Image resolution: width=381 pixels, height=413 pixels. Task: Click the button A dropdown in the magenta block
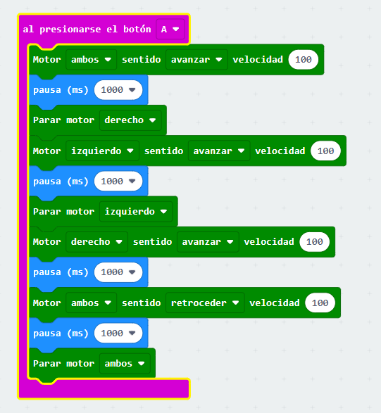pyautogui.click(x=170, y=30)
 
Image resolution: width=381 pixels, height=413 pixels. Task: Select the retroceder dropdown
pyautogui.click(x=205, y=303)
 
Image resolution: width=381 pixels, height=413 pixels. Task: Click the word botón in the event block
pyautogui.click(x=137, y=29)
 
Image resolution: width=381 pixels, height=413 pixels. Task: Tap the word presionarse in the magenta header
pyautogui.click(x=70, y=30)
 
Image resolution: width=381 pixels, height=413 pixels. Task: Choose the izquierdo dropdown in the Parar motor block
pyautogui.click(x=136, y=212)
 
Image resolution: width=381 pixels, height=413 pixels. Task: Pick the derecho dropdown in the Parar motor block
pyautogui.click(x=130, y=120)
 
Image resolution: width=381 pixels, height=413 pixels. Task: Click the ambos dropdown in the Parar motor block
pyautogui.click(x=125, y=364)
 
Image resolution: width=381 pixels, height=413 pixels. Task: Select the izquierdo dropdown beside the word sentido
pyautogui.click(x=102, y=151)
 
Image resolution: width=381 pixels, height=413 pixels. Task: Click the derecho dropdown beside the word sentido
pyautogui.click(x=96, y=242)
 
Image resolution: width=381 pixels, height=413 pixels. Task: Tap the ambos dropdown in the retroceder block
pyautogui.click(x=92, y=303)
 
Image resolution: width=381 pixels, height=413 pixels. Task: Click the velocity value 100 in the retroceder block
pyautogui.click(x=320, y=303)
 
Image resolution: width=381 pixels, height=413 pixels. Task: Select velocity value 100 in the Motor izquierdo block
pyautogui.click(x=325, y=151)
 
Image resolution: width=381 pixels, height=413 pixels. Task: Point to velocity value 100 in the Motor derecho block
pyautogui.click(x=315, y=242)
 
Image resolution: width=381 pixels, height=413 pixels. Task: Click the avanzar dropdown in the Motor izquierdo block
pyautogui.click(x=219, y=151)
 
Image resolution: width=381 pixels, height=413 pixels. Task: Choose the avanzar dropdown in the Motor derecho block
pyautogui.click(x=208, y=242)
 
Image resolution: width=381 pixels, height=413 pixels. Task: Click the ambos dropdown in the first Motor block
pyautogui.click(x=92, y=60)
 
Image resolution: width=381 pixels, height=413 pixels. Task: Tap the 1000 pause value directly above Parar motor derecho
pyautogui.click(x=118, y=90)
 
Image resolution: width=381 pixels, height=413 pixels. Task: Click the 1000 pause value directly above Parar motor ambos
pyautogui.click(x=118, y=333)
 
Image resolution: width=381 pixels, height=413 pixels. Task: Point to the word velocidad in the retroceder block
pyautogui.click(x=275, y=303)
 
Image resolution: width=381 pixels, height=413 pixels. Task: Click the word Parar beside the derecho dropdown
pyautogui.click(x=47, y=120)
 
